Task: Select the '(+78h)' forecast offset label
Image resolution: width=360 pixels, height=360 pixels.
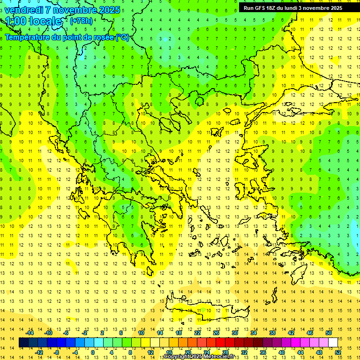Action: coord(81,21)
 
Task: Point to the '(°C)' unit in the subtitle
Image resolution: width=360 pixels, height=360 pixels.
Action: coord(122,37)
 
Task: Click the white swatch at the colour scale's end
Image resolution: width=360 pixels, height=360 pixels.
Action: coord(333,343)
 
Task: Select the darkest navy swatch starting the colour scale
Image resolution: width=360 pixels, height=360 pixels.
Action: coord(23,343)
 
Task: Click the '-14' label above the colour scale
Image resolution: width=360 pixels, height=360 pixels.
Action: coord(30,333)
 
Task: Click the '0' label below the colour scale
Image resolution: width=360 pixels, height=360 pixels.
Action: coord(93,352)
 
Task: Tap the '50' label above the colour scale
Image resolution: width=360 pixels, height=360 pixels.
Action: coord(329,333)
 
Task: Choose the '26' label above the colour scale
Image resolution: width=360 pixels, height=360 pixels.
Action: coord(216,333)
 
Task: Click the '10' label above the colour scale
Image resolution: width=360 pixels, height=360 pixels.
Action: coord(141,333)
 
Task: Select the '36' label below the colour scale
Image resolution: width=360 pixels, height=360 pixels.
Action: coord(263,352)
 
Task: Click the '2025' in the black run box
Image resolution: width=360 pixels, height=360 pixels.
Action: coord(335,8)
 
